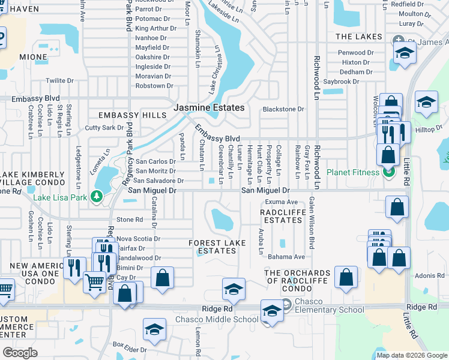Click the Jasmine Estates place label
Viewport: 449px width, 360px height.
click(209, 108)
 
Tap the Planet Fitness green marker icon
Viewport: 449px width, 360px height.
click(388, 172)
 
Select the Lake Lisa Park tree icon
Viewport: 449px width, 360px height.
click(95, 196)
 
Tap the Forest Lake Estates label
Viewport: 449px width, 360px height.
click(220, 247)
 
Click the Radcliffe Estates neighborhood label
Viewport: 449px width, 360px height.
click(283, 216)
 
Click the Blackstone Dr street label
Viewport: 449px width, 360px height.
click(283, 109)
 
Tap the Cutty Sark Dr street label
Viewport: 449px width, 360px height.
click(100, 128)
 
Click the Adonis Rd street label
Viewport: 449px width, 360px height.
click(429, 276)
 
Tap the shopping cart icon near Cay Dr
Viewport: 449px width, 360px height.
click(94, 280)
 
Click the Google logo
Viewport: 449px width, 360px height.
click(20, 353)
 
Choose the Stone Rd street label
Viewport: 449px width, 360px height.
click(130, 220)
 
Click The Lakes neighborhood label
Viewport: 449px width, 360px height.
click(359, 37)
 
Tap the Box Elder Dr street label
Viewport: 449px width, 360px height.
click(130, 347)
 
